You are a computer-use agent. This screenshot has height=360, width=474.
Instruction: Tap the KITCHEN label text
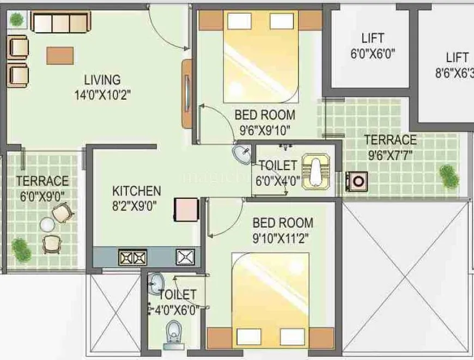136,191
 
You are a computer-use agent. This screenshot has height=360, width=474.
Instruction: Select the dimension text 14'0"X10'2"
102,95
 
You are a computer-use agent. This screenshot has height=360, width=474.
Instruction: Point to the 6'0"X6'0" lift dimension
372,53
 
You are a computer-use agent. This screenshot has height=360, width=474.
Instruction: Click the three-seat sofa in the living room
59,22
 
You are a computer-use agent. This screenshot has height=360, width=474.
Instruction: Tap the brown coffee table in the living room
60,55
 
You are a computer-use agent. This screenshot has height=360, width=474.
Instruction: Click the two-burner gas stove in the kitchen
132,257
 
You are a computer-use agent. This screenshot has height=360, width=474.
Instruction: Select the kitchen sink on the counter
185,256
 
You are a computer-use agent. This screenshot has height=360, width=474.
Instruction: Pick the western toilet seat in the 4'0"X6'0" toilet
174,331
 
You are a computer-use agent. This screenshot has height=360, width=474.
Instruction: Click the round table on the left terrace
47,224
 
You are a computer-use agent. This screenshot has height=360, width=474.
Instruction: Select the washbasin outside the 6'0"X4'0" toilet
241,154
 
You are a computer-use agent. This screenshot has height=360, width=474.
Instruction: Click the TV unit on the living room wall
187,93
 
